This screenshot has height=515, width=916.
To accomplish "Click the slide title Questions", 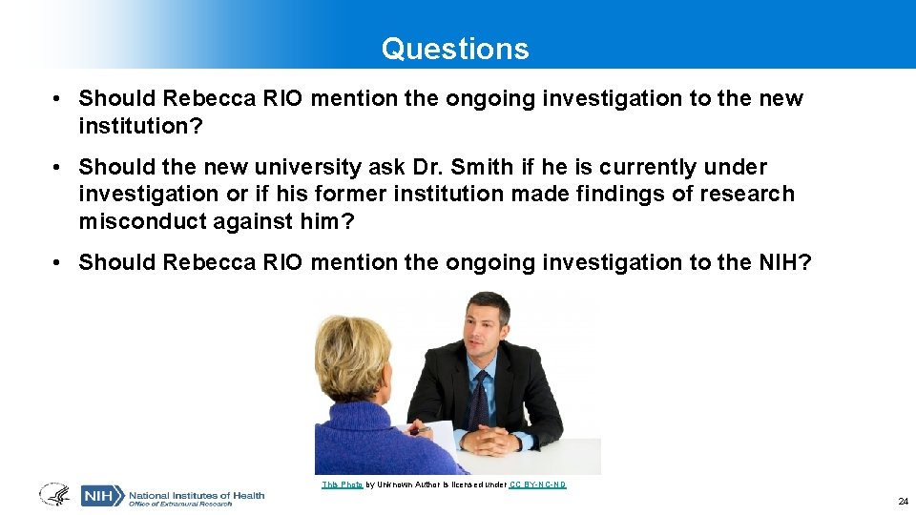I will point(455,49).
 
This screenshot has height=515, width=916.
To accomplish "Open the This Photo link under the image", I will point(342,485).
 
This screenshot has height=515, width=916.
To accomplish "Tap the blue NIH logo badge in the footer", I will point(101,496).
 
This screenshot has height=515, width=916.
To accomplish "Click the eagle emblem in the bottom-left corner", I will point(53,495).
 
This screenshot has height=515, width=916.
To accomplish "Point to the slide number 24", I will point(903,502).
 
